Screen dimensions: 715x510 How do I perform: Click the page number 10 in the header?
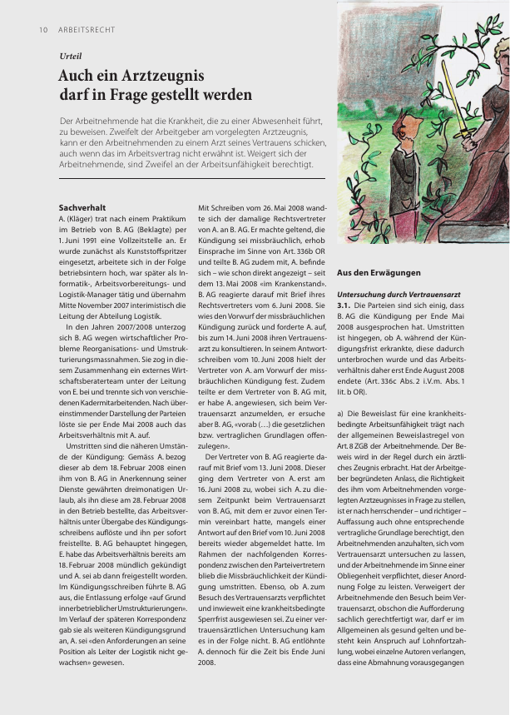42,30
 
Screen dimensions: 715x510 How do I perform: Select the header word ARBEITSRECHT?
87,30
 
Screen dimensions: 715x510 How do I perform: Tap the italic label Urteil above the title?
71,56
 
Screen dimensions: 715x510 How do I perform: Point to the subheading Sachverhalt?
82,206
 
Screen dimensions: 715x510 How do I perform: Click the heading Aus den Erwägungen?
379,273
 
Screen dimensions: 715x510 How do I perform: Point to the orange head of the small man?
408,129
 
